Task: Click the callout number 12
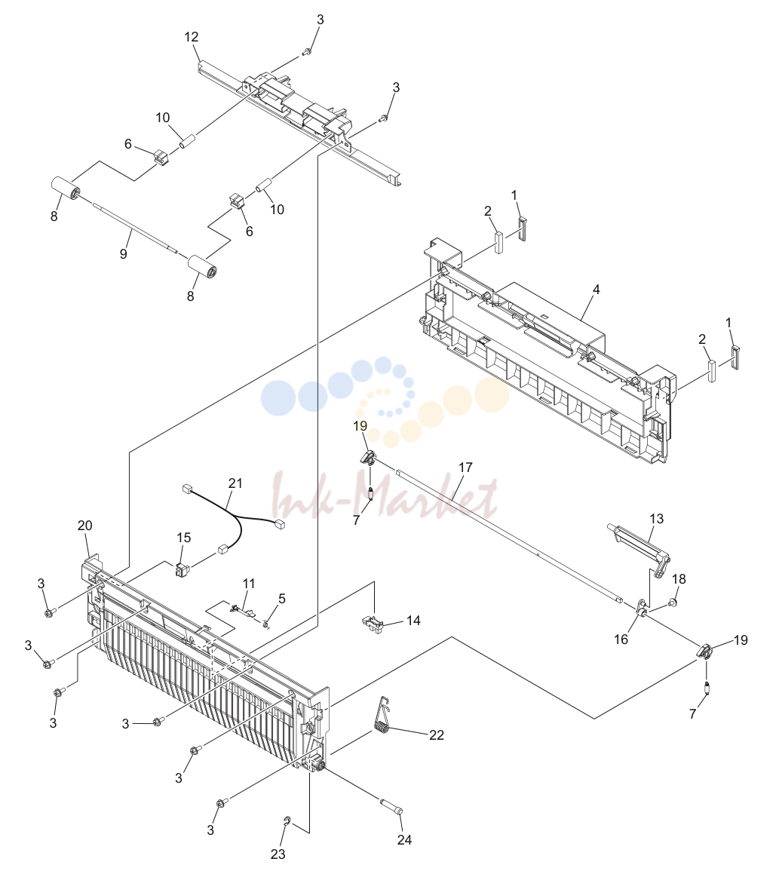tap(191, 37)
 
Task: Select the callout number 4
tap(597, 290)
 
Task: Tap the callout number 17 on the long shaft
tap(465, 467)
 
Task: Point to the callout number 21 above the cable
tap(236, 483)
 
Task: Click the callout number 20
tap(85, 525)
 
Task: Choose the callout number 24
tap(404, 839)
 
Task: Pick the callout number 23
tap(278, 854)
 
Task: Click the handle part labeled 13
tap(640, 550)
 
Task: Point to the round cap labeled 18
tap(673, 602)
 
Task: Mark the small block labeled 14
tap(373, 624)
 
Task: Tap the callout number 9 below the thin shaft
tap(123, 253)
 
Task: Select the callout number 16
tap(621, 639)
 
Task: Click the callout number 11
tap(249, 583)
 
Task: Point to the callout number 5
tap(282, 599)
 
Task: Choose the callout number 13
tap(657, 518)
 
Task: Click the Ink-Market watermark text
tap(385, 495)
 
